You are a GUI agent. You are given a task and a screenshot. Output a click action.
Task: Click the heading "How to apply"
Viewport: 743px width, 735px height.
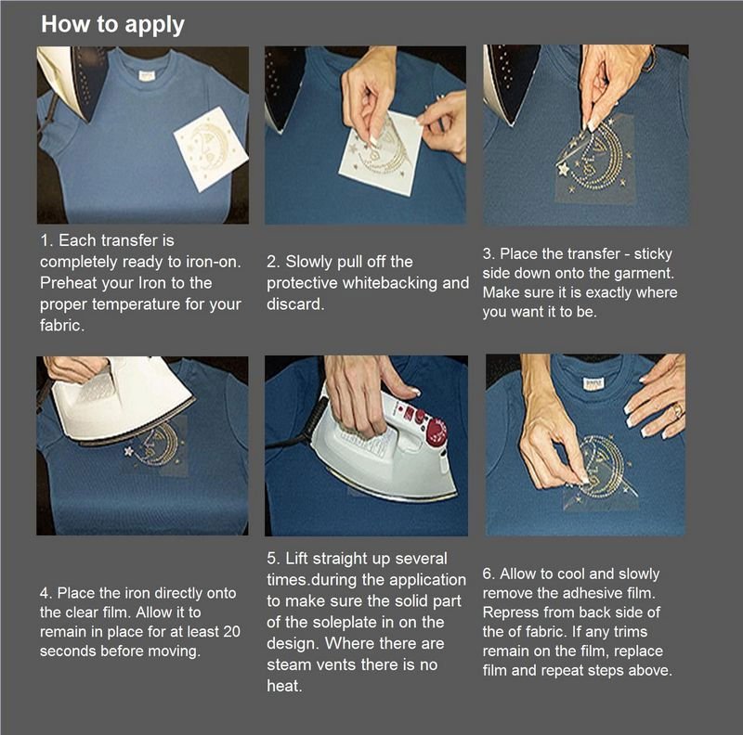coord(112,25)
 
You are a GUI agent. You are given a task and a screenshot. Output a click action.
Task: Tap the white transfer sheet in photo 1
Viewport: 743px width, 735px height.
coord(211,148)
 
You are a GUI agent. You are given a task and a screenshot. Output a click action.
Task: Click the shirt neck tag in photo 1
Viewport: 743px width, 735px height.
coord(147,75)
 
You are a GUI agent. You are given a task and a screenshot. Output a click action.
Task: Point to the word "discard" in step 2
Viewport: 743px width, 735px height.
coord(293,304)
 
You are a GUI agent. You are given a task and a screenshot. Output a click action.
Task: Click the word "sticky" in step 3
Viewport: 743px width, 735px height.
coord(653,254)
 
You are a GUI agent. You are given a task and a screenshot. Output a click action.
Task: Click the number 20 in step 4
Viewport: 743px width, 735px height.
coord(231,632)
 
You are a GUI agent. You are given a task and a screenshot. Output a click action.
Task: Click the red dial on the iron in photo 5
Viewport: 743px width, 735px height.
coord(436,432)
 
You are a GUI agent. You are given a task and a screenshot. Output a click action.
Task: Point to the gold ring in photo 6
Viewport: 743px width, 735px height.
coord(678,410)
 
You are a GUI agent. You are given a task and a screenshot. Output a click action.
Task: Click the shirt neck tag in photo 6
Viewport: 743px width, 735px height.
coord(593,384)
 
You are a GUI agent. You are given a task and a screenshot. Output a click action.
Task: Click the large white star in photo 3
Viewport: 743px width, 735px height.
coord(564,169)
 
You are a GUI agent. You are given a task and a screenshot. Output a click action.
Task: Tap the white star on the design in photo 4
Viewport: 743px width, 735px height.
coord(128,451)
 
